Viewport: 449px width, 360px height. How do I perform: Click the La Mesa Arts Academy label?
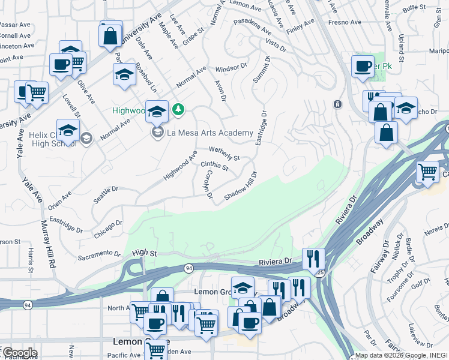pos(210,132)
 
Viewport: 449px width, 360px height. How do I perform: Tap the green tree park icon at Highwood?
pos(178,109)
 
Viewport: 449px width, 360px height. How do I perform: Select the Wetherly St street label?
pos(224,154)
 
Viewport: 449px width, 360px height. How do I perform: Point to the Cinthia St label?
pos(214,166)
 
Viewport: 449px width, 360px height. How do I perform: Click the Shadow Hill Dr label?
pos(241,187)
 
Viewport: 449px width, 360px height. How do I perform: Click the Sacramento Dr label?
pos(100,256)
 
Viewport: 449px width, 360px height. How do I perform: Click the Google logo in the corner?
pos(19,353)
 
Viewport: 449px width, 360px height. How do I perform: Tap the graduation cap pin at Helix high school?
pos(68,130)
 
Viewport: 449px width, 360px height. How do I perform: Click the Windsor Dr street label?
pos(231,67)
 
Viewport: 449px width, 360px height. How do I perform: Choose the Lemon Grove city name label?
pos(136,341)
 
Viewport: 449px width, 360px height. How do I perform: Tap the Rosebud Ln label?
pos(145,78)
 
